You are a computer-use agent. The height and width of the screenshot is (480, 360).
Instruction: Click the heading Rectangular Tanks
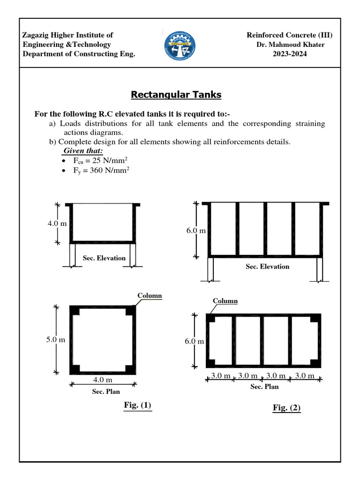176,95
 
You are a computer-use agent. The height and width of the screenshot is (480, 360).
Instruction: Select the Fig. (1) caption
138,405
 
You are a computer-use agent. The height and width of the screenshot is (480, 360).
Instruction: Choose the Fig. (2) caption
286,408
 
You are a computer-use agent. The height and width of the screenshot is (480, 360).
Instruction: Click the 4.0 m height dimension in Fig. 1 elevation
57,224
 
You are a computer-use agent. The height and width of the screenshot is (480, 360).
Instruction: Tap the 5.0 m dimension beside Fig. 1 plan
55,339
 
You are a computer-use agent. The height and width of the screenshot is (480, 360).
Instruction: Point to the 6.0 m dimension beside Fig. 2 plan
194,341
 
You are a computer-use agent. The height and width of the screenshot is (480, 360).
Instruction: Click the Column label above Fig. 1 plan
150,295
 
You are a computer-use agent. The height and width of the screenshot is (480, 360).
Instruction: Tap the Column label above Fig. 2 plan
225,301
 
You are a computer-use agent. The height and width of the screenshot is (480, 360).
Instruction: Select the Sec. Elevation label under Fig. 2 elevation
268,266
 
